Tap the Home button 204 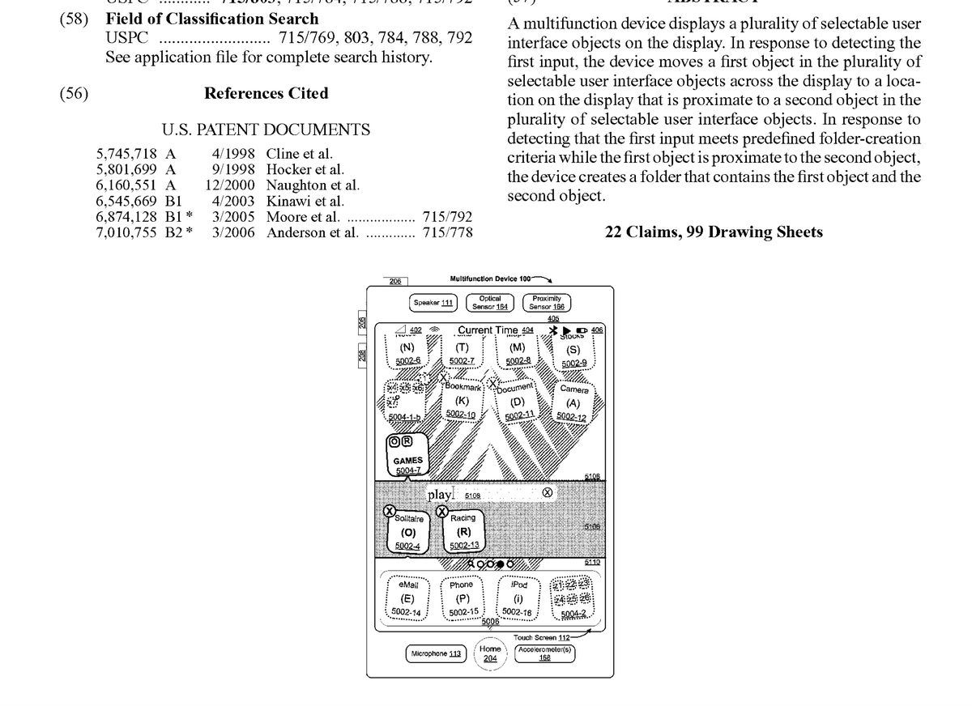coord(490,653)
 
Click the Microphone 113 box coord(435,653)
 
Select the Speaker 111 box coord(433,302)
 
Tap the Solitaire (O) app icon coord(408,532)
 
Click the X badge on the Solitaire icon coord(390,511)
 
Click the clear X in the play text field coord(548,492)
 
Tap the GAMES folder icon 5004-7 coord(407,458)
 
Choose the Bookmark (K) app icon coord(462,399)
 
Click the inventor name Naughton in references coord(294,185)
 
